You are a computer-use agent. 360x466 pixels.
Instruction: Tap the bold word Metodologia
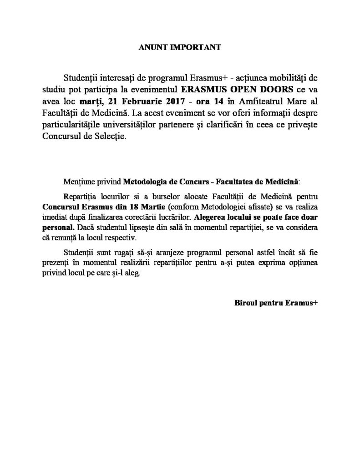click(x=140, y=182)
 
